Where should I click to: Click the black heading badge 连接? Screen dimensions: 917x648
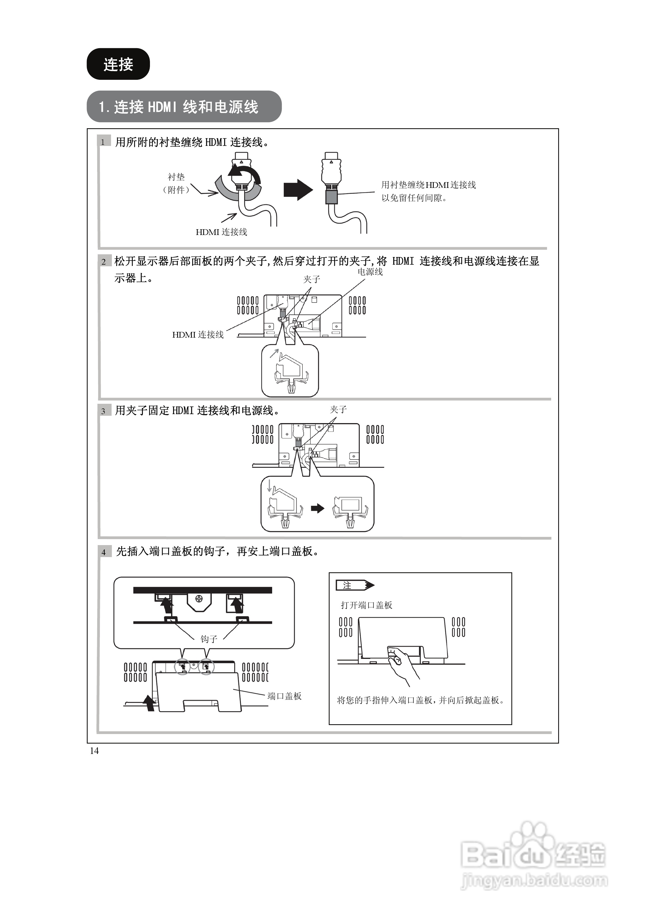coord(118,64)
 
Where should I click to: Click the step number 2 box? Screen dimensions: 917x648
coord(104,262)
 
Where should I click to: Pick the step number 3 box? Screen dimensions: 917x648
coord(104,411)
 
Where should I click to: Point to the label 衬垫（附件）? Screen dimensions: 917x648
coord(176,183)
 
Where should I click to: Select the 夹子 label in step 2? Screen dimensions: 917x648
coord(311,279)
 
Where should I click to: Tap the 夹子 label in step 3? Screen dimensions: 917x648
coord(338,409)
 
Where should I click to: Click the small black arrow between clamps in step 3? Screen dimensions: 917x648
coord(318,508)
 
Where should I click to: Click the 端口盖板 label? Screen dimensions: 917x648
coord(284,696)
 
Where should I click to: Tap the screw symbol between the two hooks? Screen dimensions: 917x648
coord(199,599)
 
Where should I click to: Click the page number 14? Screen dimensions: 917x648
coord(94,751)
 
